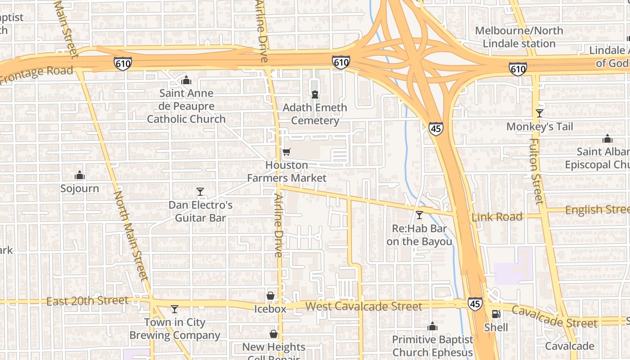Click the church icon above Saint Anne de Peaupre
pos(186,81)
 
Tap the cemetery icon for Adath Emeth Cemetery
pos(315,94)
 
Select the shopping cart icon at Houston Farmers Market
pos(287,152)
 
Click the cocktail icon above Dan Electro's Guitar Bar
pos(200,192)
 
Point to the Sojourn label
pos(80,188)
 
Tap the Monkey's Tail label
pos(540,126)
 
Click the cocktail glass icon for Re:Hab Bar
pos(419,215)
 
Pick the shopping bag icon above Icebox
pos(270,296)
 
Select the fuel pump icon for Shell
pos(496,314)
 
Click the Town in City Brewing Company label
pos(175,329)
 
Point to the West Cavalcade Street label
pos(364,307)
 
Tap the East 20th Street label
pos(87,301)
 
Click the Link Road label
pos(497,217)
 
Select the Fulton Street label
pos(535,171)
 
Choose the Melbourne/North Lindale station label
pos(519,37)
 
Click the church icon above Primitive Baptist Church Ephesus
pos(432,326)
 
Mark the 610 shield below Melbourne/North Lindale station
pos(517,69)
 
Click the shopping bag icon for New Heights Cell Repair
pos(273,334)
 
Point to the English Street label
pos(597,210)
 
